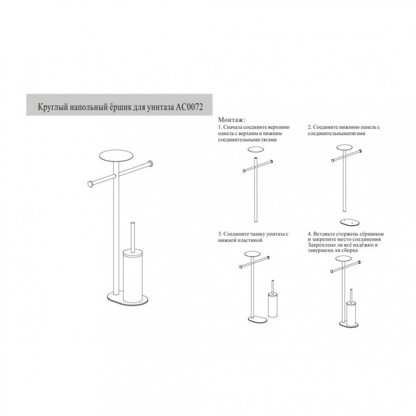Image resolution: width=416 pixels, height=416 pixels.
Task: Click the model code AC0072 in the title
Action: coord(190,108)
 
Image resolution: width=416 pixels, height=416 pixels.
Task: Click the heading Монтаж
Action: coord(232,120)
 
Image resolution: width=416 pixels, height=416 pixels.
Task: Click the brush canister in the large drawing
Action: coord(134,273)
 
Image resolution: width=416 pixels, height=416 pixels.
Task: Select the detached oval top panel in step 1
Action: coord(255,150)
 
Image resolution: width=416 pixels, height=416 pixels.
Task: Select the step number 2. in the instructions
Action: coord(310,127)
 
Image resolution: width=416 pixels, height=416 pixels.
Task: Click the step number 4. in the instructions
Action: coord(310,234)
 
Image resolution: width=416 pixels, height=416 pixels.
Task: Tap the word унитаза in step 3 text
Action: coord(273,235)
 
